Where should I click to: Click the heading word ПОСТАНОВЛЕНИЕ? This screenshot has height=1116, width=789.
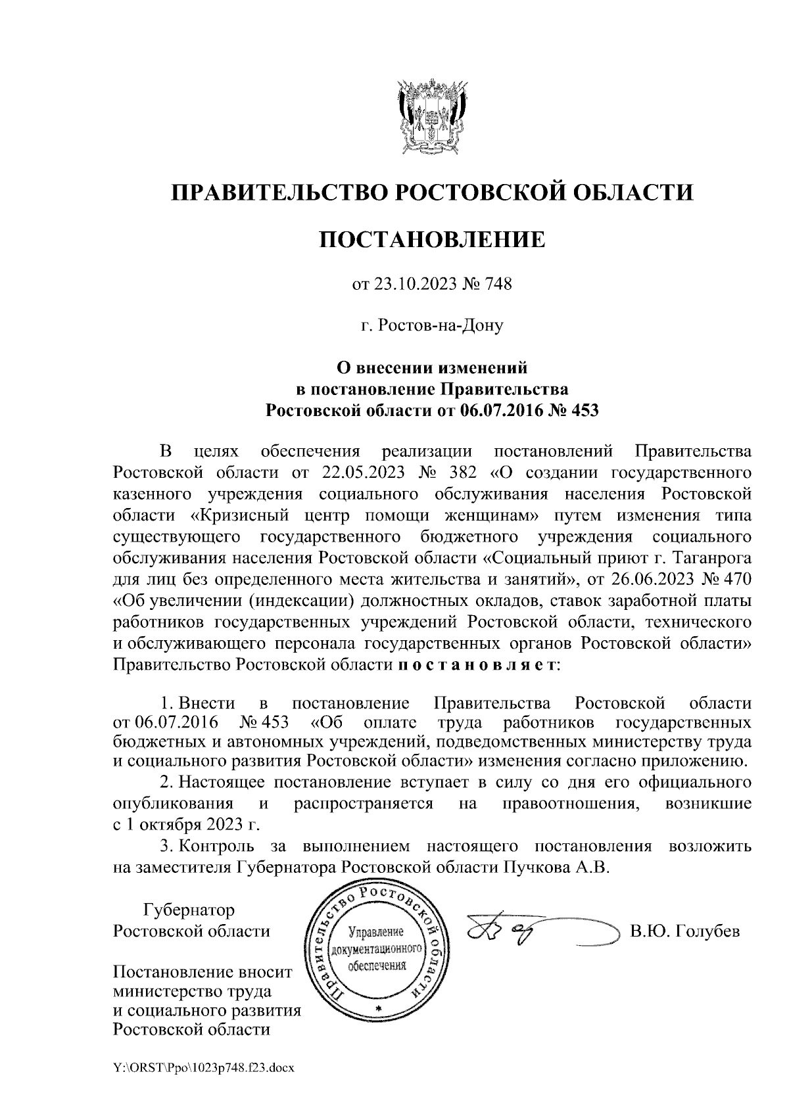432,239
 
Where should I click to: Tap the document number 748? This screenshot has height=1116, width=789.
498,285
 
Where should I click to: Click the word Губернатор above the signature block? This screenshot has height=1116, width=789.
189,910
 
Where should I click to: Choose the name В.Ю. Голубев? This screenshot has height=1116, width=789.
684,931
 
